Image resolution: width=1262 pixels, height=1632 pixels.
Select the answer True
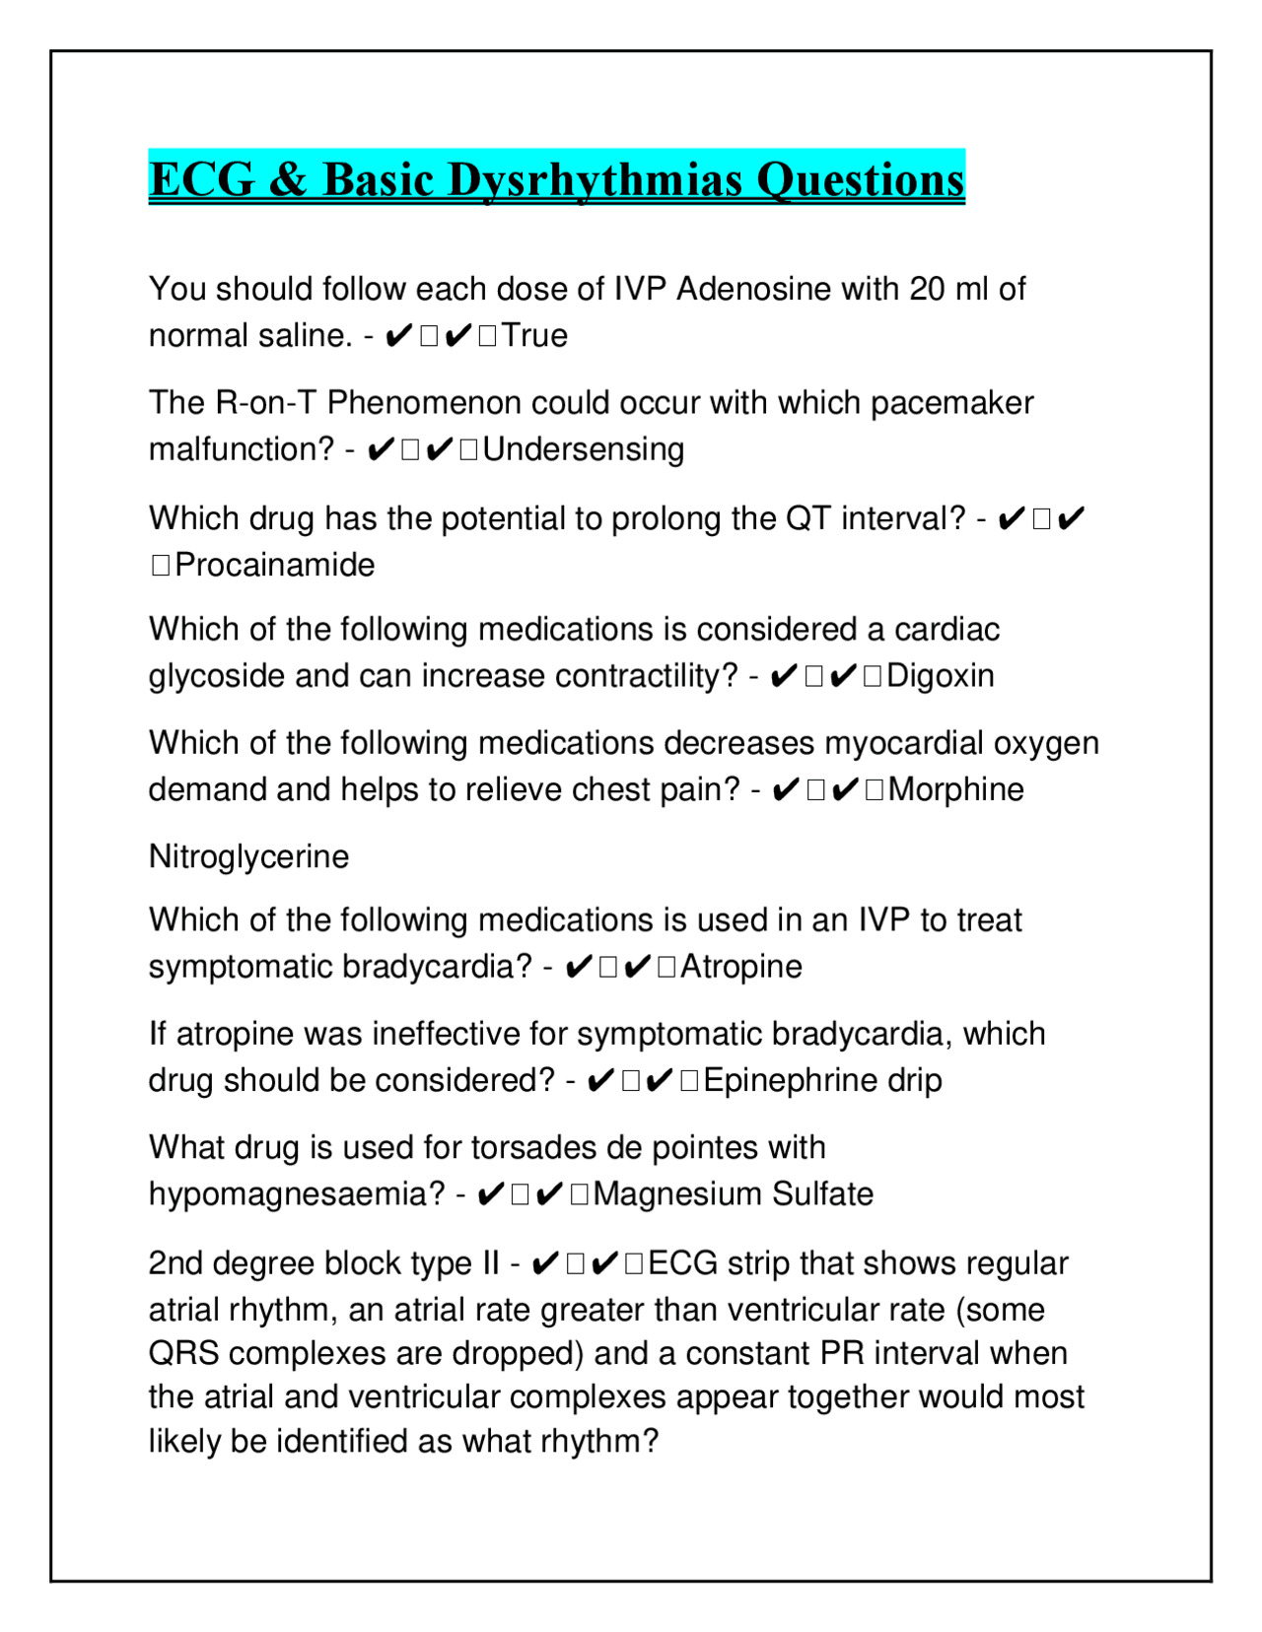pos(534,336)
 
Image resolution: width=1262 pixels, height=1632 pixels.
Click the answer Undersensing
pos(583,449)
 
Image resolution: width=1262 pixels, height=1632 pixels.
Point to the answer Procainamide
pos(274,566)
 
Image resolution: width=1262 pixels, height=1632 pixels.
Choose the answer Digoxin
pos(940,676)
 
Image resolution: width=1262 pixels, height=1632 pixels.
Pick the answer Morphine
pos(955,790)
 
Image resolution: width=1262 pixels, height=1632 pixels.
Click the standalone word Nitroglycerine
pos(248,856)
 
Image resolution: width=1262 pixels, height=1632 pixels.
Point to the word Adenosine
pos(754,290)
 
